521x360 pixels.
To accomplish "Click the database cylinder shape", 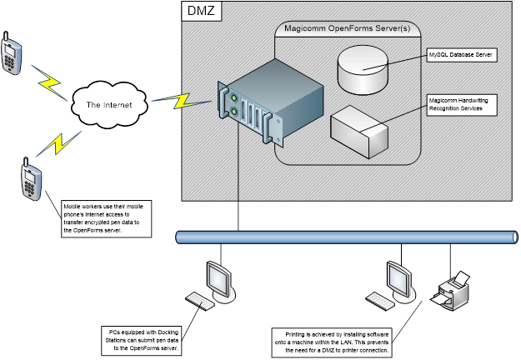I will point(363,67).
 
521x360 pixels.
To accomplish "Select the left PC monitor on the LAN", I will point(218,276).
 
